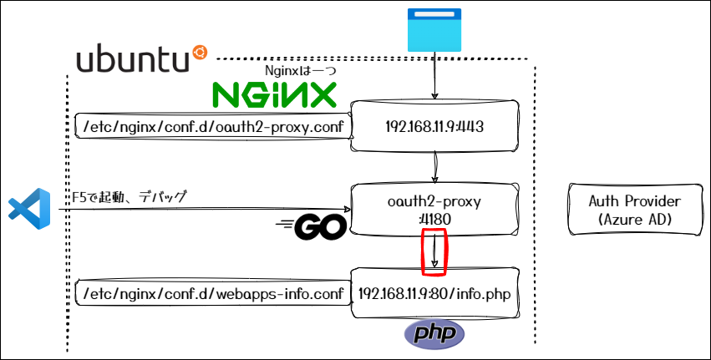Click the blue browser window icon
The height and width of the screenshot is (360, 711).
pyautogui.click(x=434, y=30)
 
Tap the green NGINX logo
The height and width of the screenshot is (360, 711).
pyautogui.click(x=273, y=95)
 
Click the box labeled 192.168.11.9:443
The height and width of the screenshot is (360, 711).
pyautogui.click(x=434, y=127)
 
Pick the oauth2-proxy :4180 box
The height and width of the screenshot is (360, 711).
pyautogui.click(x=434, y=209)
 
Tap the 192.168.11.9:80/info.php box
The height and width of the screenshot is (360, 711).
pyautogui.click(x=434, y=294)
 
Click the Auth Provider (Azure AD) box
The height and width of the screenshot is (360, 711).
pyautogui.click(x=634, y=209)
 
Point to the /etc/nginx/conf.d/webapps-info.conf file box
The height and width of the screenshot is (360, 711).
pyautogui.click(x=210, y=294)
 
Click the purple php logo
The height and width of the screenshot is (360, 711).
pyautogui.click(x=434, y=334)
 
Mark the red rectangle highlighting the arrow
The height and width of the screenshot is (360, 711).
pyautogui.click(x=434, y=251)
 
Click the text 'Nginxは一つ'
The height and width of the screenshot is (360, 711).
pyautogui.click(x=300, y=71)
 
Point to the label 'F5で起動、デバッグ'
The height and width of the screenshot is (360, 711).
pyautogui.click(x=130, y=196)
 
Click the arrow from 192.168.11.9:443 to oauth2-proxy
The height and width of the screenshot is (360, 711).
pyautogui.click(x=434, y=170)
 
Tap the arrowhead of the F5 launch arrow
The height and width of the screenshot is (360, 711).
pyautogui.click(x=346, y=210)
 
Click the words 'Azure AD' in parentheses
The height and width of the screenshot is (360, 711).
pyautogui.click(x=634, y=218)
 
